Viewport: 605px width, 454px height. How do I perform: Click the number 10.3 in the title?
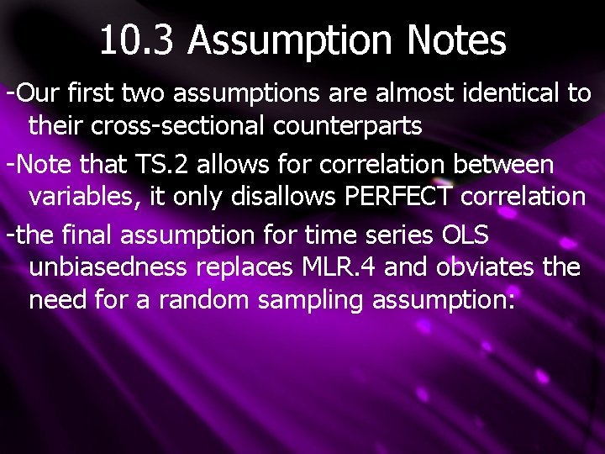pyautogui.click(x=137, y=40)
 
